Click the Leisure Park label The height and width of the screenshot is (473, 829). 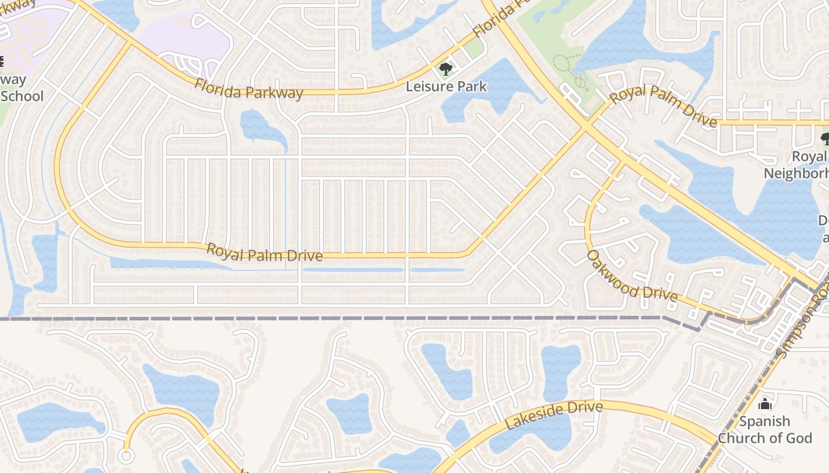tap(446, 86)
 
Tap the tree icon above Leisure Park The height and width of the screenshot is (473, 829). tap(445, 70)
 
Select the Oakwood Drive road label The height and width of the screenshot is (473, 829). tap(631, 276)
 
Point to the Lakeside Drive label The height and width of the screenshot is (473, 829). tap(554, 415)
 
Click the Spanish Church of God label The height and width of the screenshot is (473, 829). tap(764, 429)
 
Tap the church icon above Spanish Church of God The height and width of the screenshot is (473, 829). tap(765, 404)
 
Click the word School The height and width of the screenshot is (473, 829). tap(23, 96)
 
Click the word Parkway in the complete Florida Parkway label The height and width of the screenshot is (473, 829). tap(274, 93)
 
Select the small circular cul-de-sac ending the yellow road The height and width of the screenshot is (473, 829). tap(125, 456)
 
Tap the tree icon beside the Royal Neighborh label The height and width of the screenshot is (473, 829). tap(825, 139)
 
